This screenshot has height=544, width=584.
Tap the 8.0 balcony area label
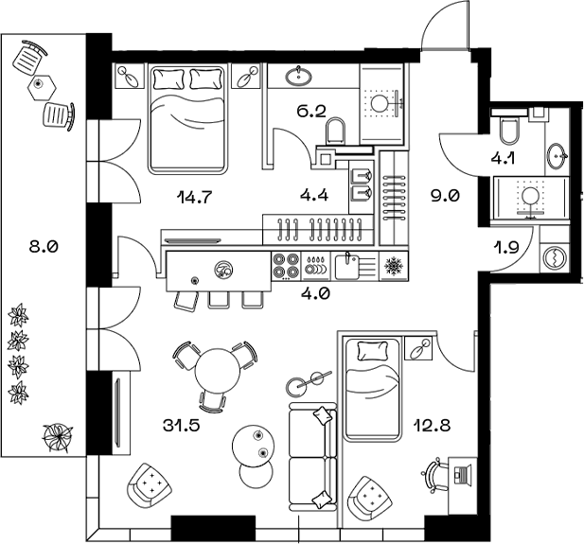(44, 248)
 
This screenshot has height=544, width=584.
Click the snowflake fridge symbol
(390, 268)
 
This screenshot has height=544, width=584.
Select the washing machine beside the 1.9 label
(553, 257)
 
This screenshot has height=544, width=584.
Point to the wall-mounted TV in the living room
(118, 412)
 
